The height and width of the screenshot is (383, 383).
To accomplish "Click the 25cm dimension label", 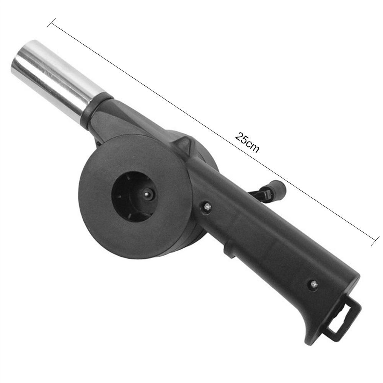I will [x=247, y=142].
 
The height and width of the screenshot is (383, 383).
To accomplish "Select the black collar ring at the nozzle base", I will [x=96, y=109].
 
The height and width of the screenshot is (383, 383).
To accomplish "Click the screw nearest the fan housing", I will [x=207, y=207].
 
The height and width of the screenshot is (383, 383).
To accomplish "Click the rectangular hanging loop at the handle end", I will [x=344, y=319].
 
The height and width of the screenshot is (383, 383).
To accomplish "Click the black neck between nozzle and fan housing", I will [x=115, y=119].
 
